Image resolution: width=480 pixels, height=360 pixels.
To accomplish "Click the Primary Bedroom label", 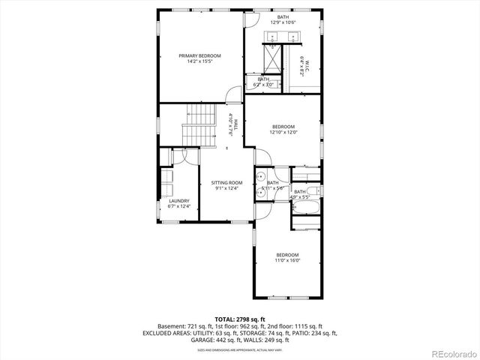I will click(199, 58).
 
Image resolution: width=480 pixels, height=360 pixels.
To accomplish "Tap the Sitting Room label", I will click(226, 184).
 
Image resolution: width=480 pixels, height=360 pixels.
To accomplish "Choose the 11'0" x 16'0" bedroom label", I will click(287, 257).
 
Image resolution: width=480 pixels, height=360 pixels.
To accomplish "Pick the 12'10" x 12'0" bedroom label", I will click(283, 129).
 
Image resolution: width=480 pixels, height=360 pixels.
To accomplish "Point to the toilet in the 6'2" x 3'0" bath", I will click(252, 83).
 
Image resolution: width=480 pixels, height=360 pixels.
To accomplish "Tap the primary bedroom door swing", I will click(234, 95).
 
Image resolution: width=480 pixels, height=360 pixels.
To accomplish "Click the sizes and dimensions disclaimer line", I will click(240, 349).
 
